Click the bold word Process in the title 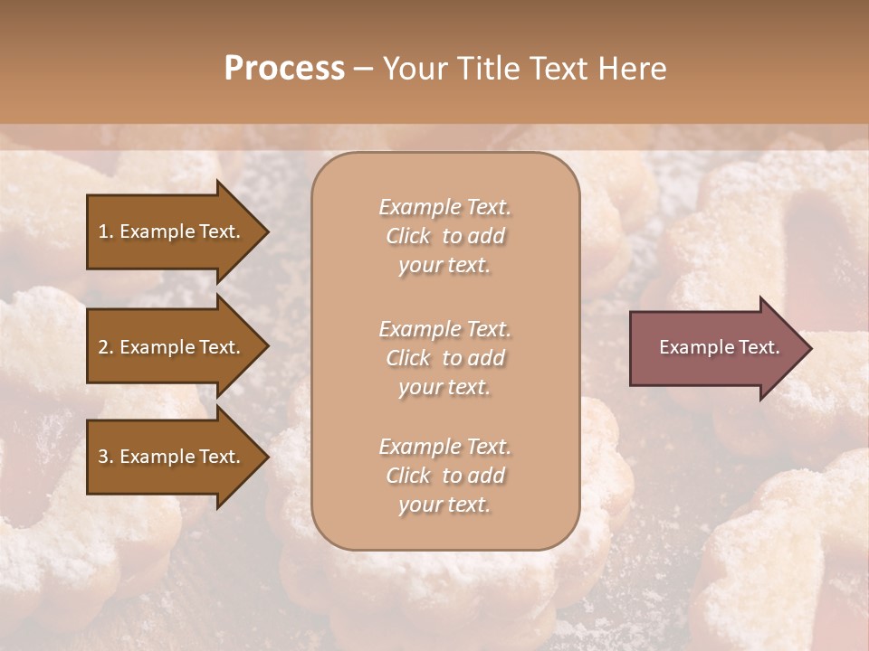(284, 69)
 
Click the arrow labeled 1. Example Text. (172, 231)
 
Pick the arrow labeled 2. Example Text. (172, 347)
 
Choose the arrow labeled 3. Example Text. (172, 457)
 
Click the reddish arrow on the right (715, 347)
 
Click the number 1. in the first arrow (106, 231)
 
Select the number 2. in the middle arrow (106, 347)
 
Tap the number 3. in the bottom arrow (106, 457)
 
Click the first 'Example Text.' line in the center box (444, 207)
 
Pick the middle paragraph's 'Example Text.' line (444, 328)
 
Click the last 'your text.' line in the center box (444, 505)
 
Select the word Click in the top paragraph (408, 236)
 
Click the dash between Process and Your (363, 69)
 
